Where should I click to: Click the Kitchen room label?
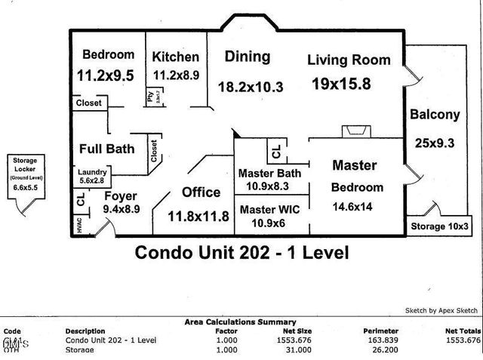(x=176, y=57)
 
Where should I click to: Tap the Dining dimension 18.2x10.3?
(x=250, y=87)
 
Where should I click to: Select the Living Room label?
(x=349, y=60)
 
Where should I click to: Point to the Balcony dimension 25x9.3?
(x=434, y=141)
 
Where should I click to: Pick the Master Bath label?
(x=269, y=173)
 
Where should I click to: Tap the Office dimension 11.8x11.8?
(x=198, y=217)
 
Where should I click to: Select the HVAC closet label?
(x=79, y=226)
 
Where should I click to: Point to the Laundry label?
(x=93, y=171)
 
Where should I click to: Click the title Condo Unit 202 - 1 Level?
(x=241, y=252)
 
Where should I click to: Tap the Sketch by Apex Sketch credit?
(x=441, y=310)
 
